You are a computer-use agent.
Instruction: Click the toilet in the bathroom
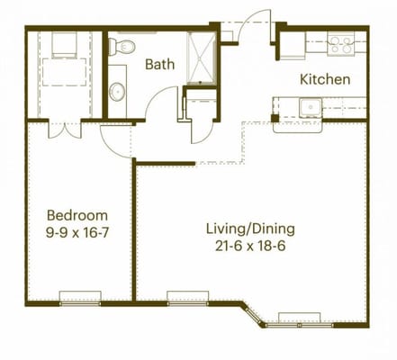pos(122,46)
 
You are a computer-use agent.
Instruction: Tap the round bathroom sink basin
pos(117,92)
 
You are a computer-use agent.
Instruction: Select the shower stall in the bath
pos(201,58)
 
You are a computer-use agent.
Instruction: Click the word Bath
pos(159,65)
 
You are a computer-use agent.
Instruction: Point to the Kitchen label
pos(325,79)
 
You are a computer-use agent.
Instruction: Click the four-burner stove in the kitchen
pos(340,44)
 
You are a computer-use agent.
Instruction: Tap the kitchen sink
pos(311,108)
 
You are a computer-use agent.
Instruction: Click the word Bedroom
pos(77,215)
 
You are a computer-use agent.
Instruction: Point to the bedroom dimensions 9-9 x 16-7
pos(77,232)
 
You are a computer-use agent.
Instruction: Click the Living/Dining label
pos(250,229)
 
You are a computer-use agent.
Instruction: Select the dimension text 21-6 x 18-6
pos(250,247)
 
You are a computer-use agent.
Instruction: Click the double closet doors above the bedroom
pos(65,130)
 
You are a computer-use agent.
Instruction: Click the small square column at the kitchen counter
pos(275,118)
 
